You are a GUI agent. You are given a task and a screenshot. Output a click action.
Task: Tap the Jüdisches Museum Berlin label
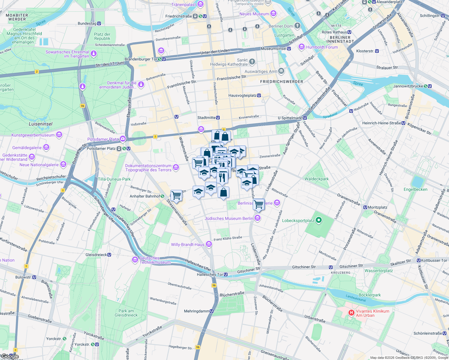click(x=229, y=218)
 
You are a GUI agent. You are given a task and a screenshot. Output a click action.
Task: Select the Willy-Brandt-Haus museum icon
click(x=209, y=244)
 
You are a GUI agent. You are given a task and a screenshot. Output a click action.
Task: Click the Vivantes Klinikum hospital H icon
click(x=351, y=313)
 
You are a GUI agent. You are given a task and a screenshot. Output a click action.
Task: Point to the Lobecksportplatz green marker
click(x=319, y=220)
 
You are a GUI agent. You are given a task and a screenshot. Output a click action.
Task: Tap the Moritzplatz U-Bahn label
click(x=375, y=207)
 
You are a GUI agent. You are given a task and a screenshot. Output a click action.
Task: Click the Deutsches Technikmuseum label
click(x=155, y=260)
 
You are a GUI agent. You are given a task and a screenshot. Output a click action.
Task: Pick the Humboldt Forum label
click(x=322, y=47)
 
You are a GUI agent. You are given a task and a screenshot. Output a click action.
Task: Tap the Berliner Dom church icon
click(x=297, y=26)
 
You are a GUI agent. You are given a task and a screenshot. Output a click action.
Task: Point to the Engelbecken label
click(x=415, y=189)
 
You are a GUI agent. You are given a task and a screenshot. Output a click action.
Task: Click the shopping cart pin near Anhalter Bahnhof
click(x=176, y=196)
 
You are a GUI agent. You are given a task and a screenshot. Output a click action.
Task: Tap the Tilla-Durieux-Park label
click(x=114, y=179)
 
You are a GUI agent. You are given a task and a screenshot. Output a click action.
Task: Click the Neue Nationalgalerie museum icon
click(x=63, y=164)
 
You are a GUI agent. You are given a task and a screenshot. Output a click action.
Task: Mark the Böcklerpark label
click(x=369, y=295)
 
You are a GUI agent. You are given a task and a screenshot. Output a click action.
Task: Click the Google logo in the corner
click(x=10, y=356)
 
